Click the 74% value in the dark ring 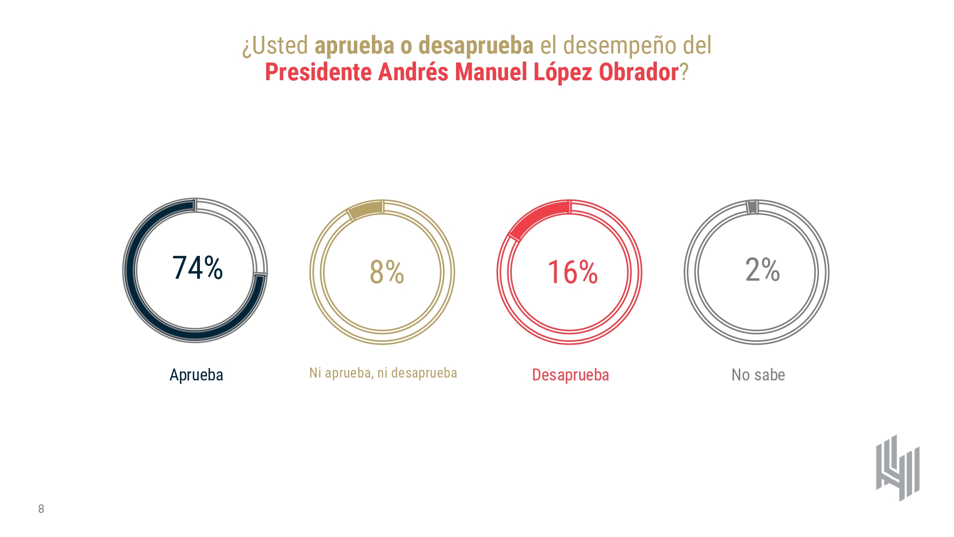click(197, 268)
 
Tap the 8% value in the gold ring click(387, 272)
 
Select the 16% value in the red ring click(572, 272)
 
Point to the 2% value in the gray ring click(762, 270)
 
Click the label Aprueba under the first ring click(197, 375)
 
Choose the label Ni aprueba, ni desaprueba click(383, 373)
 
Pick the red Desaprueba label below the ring click(570, 375)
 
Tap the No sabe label click(758, 375)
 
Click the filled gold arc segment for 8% click(365, 210)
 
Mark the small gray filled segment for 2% click(752, 207)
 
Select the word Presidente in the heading click(318, 73)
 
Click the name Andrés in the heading click(413, 73)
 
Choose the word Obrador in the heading click(639, 73)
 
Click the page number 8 click(41, 509)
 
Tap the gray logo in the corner click(898, 468)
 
